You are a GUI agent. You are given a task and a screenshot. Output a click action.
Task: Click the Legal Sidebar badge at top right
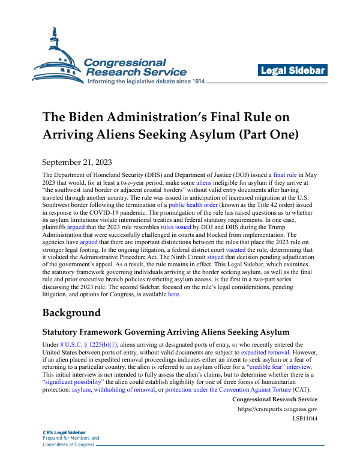[293, 71]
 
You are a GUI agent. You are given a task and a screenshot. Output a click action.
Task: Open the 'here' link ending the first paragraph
[173, 311]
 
